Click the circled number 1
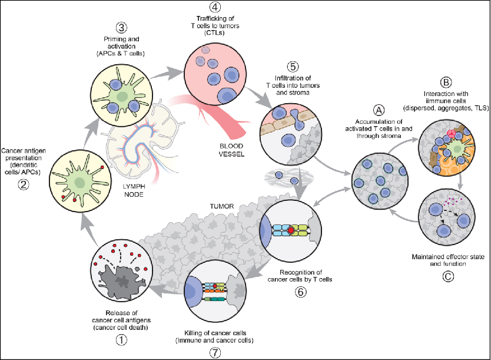[121, 339]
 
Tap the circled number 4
[215, 7]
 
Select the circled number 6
[300, 292]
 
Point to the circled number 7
[215, 353]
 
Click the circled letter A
[379, 110]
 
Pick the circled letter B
[446, 82]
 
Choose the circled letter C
[448, 276]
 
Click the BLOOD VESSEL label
[231, 150]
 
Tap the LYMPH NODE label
[134, 190]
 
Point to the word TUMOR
[222, 206]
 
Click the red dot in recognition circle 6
[291, 230]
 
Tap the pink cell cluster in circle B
[451, 134]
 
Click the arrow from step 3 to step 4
[166, 73]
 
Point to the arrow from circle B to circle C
[460, 182]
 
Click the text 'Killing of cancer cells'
[215, 333]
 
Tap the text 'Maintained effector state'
[448, 257]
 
